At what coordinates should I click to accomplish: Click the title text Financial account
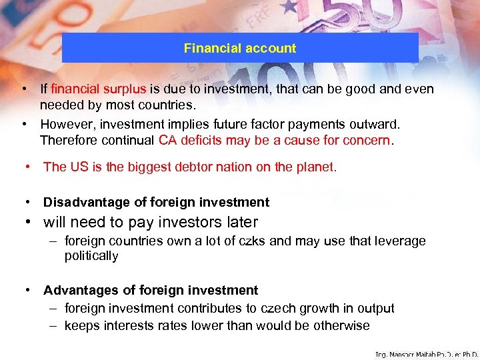(240, 48)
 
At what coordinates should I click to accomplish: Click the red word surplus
(126, 89)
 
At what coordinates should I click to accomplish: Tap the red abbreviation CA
(167, 140)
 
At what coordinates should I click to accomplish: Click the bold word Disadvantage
(84, 202)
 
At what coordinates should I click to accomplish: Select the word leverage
(400, 241)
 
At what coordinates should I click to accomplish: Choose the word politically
(91, 255)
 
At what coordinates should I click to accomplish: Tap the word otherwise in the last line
(343, 325)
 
